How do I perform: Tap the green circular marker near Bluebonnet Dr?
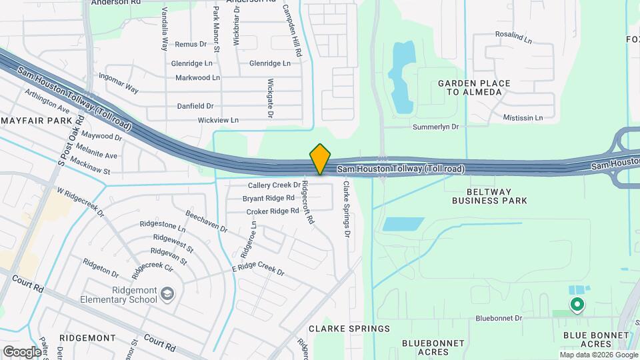point(577,305)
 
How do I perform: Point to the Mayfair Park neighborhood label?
point(36,121)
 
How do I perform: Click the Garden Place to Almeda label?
point(474,87)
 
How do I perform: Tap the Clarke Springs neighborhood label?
point(349,329)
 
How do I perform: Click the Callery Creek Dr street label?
point(275,185)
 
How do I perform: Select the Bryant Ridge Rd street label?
point(269,198)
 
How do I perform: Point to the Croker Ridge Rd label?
point(273,211)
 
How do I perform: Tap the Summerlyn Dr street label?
point(436,126)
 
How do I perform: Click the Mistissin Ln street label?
point(523,118)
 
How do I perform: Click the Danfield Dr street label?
point(195,106)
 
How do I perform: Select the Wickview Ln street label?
point(218,120)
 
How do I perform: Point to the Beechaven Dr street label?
point(207,223)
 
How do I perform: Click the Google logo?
point(23,352)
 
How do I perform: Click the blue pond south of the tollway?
point(399,224)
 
